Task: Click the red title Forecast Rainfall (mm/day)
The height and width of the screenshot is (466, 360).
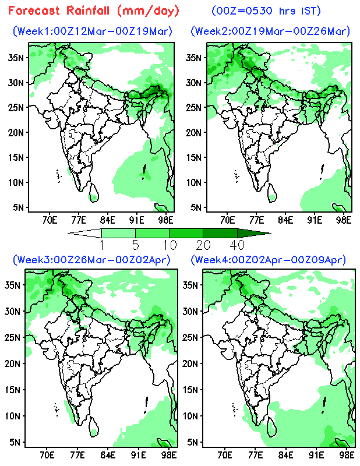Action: coord(94,10)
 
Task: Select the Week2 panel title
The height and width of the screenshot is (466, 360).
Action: coord(270,31)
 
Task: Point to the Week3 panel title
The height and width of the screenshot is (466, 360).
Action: coord(92,259)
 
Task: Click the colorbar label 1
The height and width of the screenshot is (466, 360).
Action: coord(102,244)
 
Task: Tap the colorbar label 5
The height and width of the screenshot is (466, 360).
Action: coord(136,244)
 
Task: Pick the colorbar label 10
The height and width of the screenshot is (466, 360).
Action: coord(170,244)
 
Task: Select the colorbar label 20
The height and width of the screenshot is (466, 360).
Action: coord(203,244)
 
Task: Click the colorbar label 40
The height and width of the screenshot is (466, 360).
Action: coord(237,244)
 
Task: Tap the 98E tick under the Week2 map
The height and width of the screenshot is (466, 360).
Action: coord(344,220)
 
